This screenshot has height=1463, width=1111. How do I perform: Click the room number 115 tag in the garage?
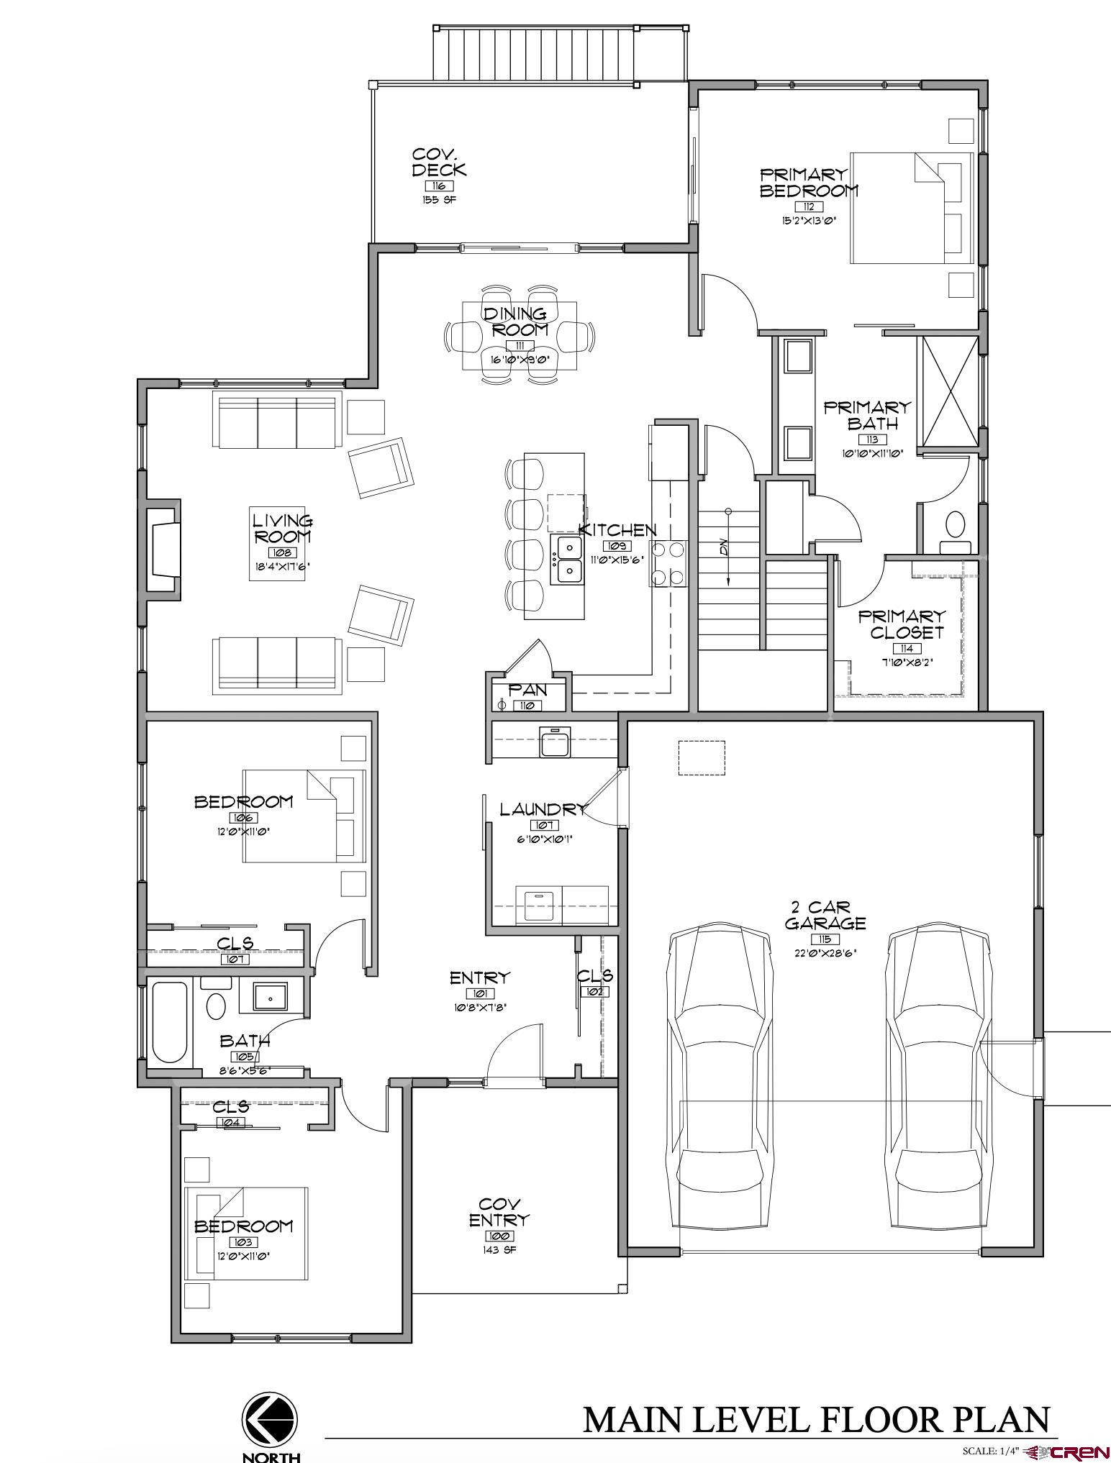pyautogui.click(x=824, y=939)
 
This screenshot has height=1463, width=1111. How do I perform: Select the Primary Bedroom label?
pyautogui.click(x=808, y=183)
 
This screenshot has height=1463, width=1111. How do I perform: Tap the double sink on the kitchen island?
pyautogui.click(x=568, y=560)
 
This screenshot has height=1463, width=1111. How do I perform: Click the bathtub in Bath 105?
pyautogui.click(x=170, y=1022)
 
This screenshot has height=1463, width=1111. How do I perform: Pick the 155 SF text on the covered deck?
pyautogui.click(x=439, y=200)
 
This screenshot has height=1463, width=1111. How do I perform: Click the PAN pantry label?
pyautogui.click(x=528, y=691)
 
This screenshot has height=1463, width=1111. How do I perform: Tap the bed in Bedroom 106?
pyautogui.click(x=304, y=816)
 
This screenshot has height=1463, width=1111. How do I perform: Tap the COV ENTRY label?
pyautogui.click(x=499, y=1212)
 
